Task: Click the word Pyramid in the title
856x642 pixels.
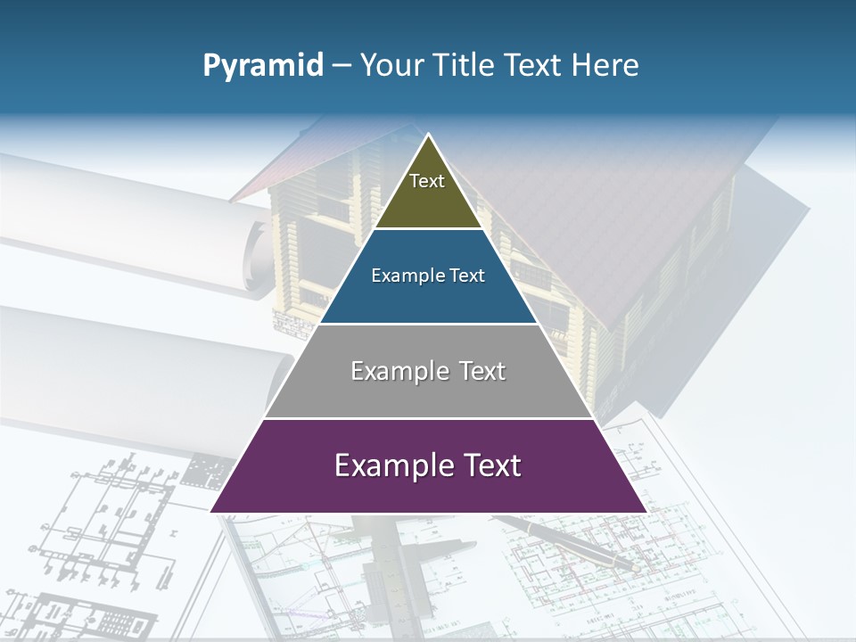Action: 263,66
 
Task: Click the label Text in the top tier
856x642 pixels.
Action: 427,181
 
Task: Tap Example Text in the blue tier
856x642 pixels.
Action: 428,276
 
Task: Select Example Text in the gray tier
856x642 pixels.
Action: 428,371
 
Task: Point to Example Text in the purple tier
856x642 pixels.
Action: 428,465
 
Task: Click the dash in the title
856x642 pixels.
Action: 341,66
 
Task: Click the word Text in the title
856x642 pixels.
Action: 534,66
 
